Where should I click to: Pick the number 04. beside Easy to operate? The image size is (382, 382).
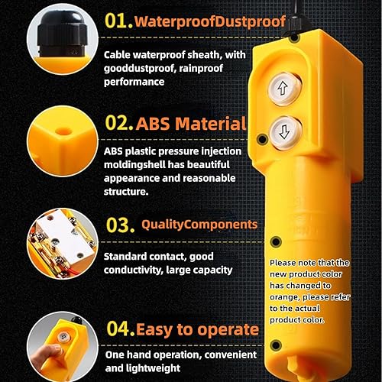tap(118, 329)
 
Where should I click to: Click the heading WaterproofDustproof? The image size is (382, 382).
tap(210, 21)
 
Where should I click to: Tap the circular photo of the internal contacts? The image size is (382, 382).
tap(55, 243)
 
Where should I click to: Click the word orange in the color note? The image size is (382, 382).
tap(288, 297)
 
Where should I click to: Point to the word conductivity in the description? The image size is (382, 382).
tap(137, 269)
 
